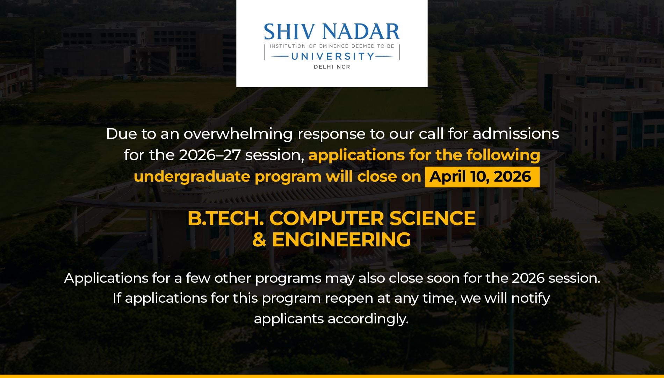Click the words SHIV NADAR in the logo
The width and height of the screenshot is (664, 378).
332,31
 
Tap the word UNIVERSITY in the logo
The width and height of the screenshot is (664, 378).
333,56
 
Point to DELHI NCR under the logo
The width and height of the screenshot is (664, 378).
332,67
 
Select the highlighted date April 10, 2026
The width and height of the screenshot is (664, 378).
480,177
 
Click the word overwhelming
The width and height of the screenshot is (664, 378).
238,134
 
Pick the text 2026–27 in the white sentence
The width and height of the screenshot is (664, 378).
210,155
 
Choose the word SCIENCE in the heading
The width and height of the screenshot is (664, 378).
433,218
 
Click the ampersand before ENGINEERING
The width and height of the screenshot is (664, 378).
259,240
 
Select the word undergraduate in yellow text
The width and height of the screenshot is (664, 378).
192,177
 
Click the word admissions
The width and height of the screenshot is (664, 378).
516,134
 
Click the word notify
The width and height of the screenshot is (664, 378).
531,299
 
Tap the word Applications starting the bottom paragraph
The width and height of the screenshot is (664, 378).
106,279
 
